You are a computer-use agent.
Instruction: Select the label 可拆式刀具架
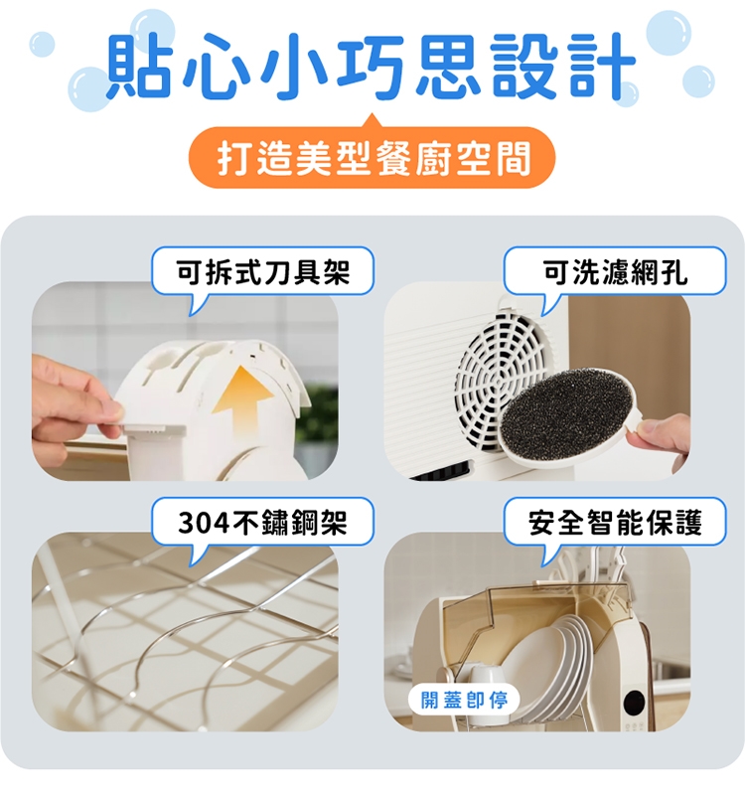click(x=262, y=270)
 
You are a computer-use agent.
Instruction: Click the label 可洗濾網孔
click(x=615, y=270)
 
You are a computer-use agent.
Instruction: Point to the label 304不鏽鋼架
click(x=262, y=522)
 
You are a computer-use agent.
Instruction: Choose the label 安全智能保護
click(x=615, y=522)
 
